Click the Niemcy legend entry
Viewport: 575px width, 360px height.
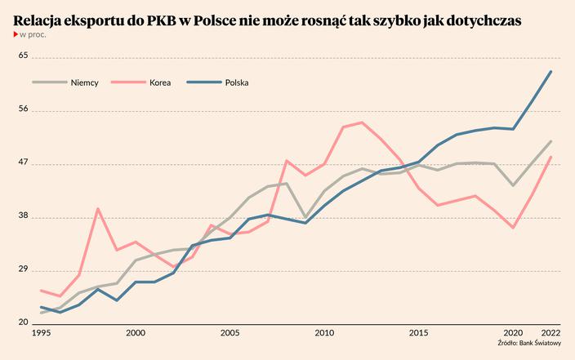[x=84, y=82]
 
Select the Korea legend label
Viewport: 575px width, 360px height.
[x=160, y=82]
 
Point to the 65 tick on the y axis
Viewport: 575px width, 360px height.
[x=24, y=56]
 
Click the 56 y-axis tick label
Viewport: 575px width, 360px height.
[x=24, y=109]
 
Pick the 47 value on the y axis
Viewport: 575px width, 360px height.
[x=24, y=162]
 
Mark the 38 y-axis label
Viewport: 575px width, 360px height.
[x=24, y=216]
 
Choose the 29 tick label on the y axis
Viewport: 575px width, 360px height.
[x=24, y=269]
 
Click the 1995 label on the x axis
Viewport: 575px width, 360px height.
[x=41, y=333]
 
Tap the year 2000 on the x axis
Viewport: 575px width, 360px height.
[x=136, y=333]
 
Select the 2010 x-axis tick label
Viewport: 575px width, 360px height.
[x=324, y=333]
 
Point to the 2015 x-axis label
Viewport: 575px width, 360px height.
[x=419, y=333]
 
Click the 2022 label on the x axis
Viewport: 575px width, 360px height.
[x=551, y=333]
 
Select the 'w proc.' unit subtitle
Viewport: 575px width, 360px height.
[x=33, y=35]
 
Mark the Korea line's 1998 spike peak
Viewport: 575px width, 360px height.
[x=98, y=209]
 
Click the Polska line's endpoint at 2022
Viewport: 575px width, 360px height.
[x=551, y=72]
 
